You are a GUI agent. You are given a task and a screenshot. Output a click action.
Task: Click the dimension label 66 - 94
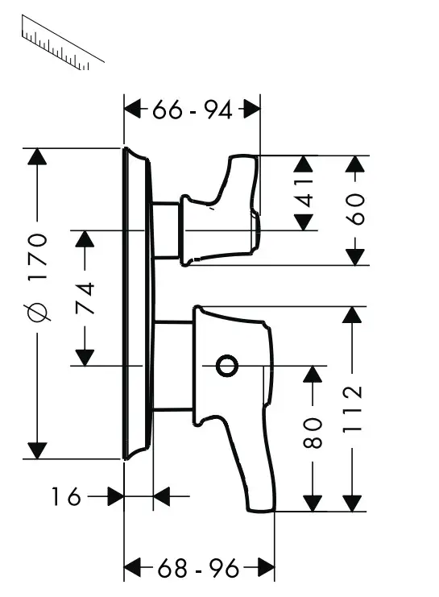tap(192, 110)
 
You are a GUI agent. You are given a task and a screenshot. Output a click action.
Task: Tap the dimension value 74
tap(85, 298)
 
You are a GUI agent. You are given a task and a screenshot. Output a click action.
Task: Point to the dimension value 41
tap(304, 193)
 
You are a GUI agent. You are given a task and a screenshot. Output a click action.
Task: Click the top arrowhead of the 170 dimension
tap(37, 158)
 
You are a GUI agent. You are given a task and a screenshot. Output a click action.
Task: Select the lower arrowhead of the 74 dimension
tap(85, 355)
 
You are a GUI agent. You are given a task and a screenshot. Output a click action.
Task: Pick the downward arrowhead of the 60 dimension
tap(355, 256)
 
